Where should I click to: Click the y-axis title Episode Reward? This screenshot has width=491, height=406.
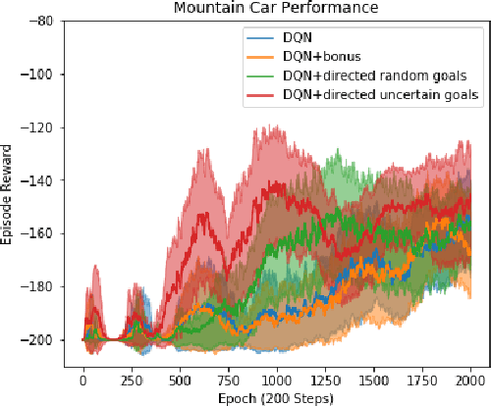point(8,196)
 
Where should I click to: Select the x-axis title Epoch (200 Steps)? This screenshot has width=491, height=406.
point(278,397)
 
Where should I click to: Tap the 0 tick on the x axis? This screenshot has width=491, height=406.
point(83,378)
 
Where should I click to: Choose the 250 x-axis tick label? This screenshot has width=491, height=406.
point(132,378)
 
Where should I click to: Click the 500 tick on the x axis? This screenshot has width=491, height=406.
point(181,378)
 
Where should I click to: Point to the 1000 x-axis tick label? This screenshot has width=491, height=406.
point(278,378)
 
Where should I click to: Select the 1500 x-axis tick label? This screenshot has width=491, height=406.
point(375,378)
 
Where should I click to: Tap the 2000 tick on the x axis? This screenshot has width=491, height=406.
point(471,378)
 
